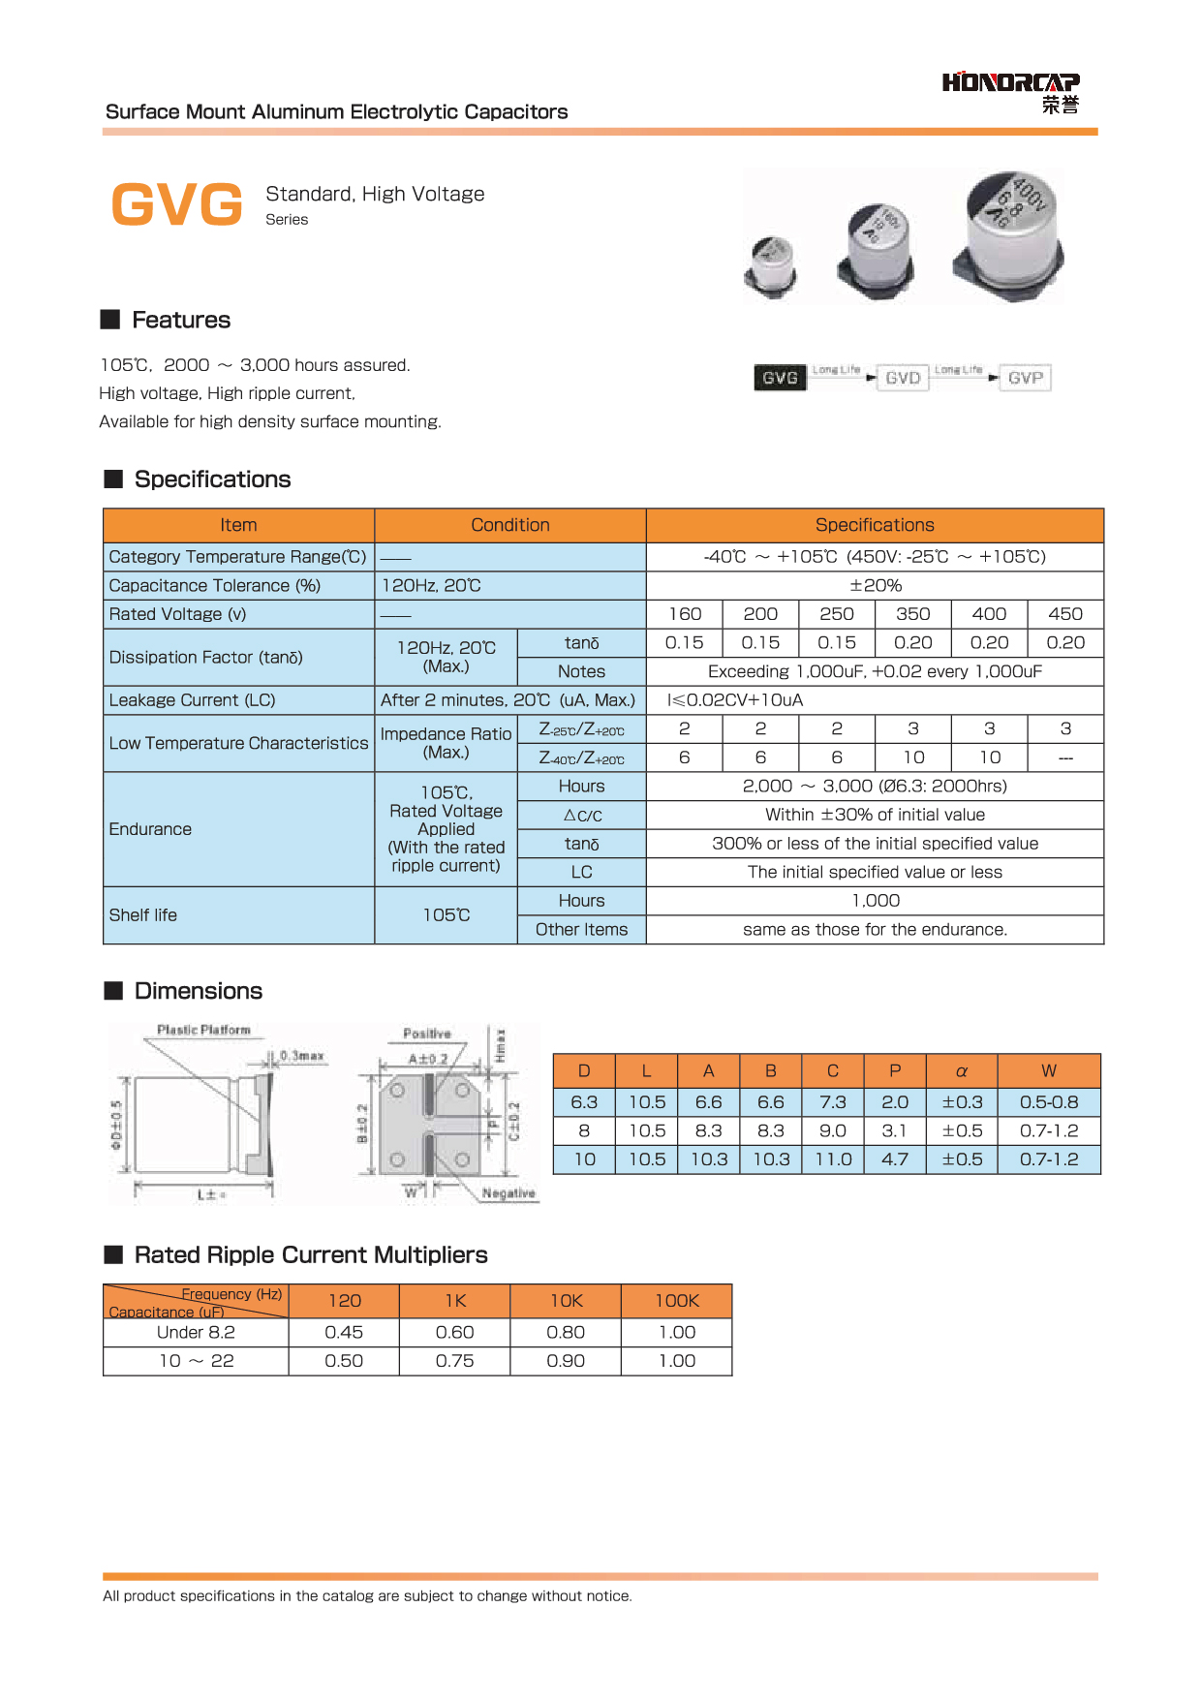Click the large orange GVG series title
[x=177, y=204]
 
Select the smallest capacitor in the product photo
[x=772, y=264]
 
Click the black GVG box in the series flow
[x=780, y=378]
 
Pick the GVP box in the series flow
[x=1025, y=378]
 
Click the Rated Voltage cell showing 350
[x=912, y=614]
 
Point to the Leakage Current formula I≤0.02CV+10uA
[x=735, y=700]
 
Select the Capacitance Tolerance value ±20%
[x=875, y=586]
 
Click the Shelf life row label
[x=143, y=915]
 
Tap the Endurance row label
[x=150, y=829]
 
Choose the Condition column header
[x=509, y=525]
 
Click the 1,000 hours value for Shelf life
[x=875, y=901]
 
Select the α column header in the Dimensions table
[x=962, y=1071]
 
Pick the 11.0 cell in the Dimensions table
[x=833, y=1159]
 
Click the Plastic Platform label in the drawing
[x=203, y=1030]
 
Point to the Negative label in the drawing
[x=508, y=1193]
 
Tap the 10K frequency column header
[x=567, y=1301]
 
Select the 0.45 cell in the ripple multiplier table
[x=344, y=1333]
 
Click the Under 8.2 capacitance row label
[x=196, y=1333]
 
